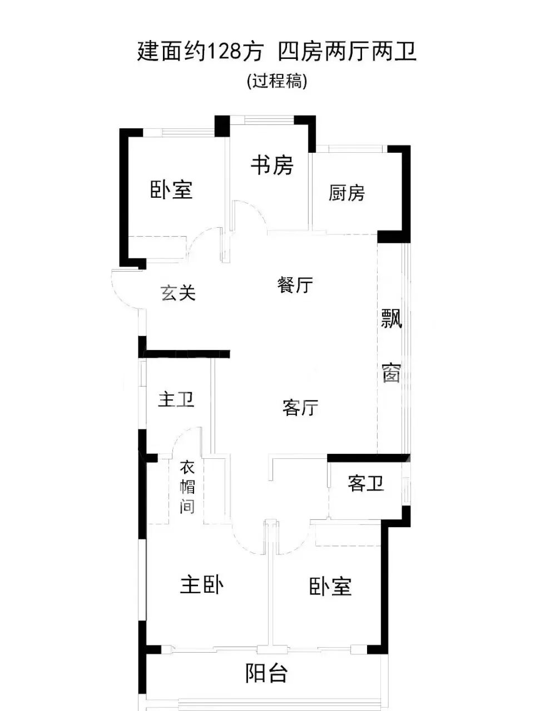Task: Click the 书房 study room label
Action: point(272,165)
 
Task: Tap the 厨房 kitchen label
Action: point(346,193)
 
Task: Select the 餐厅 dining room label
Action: point(295,286)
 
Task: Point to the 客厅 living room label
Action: point(300,408)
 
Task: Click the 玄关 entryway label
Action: point(179,293)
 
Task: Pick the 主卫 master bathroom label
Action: point(176,399)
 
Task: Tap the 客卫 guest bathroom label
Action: point(365,484)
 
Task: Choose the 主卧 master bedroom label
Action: point(201,585)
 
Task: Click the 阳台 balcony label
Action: point(267,674)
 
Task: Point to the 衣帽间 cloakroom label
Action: point(187,487)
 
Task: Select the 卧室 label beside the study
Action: point(171,190)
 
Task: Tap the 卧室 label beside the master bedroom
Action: point(330,587)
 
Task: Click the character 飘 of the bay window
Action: point(392,319)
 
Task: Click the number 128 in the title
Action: point(225,52)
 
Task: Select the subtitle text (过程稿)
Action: point(276,81)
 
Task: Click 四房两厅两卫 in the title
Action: point(347,52)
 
